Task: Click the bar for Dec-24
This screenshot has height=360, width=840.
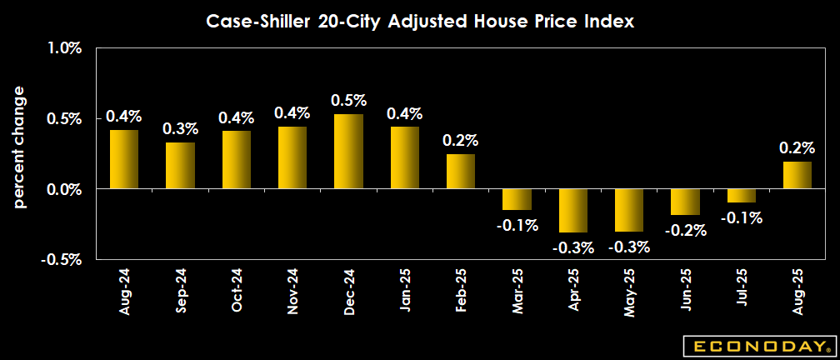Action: [x=348, y=152]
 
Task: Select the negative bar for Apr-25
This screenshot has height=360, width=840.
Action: [x=573, y=210]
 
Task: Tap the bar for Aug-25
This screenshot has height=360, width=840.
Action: [x=797, y=175]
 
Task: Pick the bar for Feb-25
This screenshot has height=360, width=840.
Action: [x=461, y=172]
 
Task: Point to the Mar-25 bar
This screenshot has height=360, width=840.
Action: [x=517, y=199]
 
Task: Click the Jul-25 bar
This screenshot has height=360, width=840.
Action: [x=742, y=196]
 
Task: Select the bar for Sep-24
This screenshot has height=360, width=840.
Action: [x=180, y=166]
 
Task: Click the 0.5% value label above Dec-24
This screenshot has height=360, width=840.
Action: [x=349, y=101]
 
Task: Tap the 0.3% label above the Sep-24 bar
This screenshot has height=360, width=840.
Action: [x=181, y=129]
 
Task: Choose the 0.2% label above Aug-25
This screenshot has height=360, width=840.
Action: [x=797, y=147]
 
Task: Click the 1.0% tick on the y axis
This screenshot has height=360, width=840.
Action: [x=64, y=48]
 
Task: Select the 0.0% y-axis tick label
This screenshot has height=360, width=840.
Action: [x=64, y=189]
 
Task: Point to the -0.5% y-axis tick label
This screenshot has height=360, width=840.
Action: [x=62, y=259]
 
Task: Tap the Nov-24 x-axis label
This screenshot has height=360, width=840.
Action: [x=292, y=292]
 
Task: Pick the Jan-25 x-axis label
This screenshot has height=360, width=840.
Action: [x=405, y=292]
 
